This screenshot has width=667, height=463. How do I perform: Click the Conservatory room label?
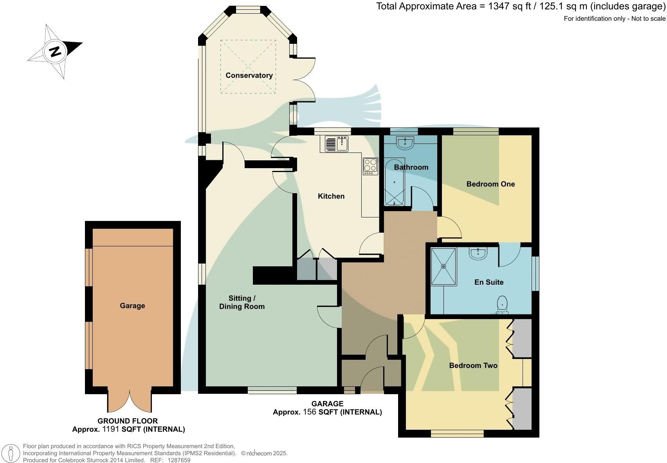[249, 75]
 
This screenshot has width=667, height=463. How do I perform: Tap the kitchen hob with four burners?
[370, 166]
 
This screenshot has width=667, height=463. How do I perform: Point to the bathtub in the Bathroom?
[394, 182]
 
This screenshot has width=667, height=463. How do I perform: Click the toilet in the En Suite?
[502, 305]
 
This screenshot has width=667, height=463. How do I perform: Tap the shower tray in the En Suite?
[443, 267]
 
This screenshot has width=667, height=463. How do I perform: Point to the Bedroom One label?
[490, 184]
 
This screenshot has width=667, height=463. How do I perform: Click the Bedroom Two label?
[473, 366]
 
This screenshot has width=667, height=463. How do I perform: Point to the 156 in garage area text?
[310, 412]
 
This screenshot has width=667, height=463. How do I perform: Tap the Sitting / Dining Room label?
[242, 302]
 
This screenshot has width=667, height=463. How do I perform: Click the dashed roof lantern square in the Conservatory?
[248, 66]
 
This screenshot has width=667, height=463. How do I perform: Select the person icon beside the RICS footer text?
[11, 454]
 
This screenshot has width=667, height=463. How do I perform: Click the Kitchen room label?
[331, 196]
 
